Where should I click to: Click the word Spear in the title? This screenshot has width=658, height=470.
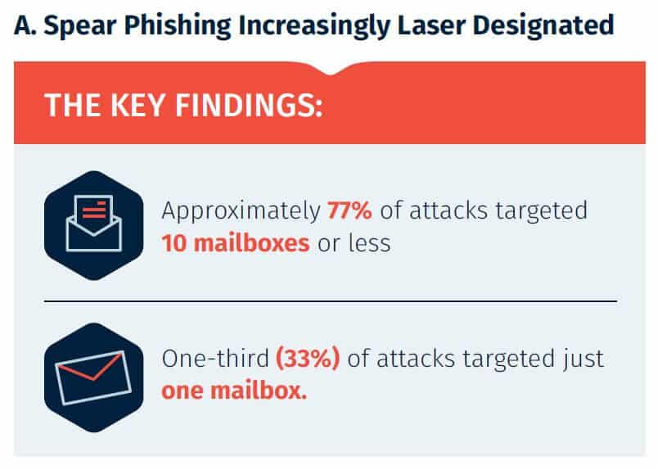[79, 26]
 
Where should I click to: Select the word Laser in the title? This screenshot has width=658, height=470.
[431, 25]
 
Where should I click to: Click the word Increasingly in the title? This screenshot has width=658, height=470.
[314, 26]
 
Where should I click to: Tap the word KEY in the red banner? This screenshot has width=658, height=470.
[137, 105]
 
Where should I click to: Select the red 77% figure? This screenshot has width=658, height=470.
[349, 210]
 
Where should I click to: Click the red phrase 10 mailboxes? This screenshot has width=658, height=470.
[236, 243]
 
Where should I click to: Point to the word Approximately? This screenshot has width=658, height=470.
[241, 211]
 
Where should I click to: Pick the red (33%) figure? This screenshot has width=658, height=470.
[308, 359]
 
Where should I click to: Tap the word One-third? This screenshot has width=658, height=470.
[215, 359]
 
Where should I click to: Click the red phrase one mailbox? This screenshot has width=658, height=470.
[234, 391]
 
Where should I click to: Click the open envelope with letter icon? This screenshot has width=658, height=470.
[93, 224]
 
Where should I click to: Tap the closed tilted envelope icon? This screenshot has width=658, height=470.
[93, 377]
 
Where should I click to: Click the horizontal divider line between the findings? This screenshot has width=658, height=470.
[331, 301]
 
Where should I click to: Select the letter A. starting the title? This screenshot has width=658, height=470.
[25, 26]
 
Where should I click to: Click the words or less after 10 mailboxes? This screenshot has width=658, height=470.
[354, 243]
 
